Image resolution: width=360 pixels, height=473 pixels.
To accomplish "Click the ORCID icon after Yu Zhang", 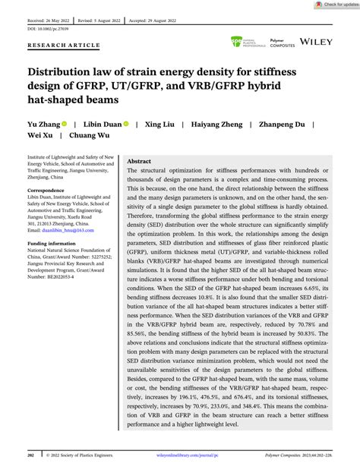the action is (65, 123).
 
